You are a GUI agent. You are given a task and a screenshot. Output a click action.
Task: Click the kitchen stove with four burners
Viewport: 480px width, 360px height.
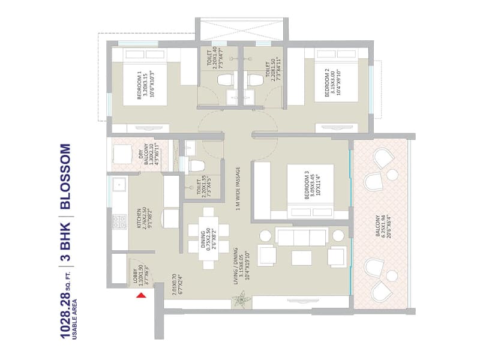(118, 222)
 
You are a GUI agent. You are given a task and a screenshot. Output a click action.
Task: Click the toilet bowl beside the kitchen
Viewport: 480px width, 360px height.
(196, 166)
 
